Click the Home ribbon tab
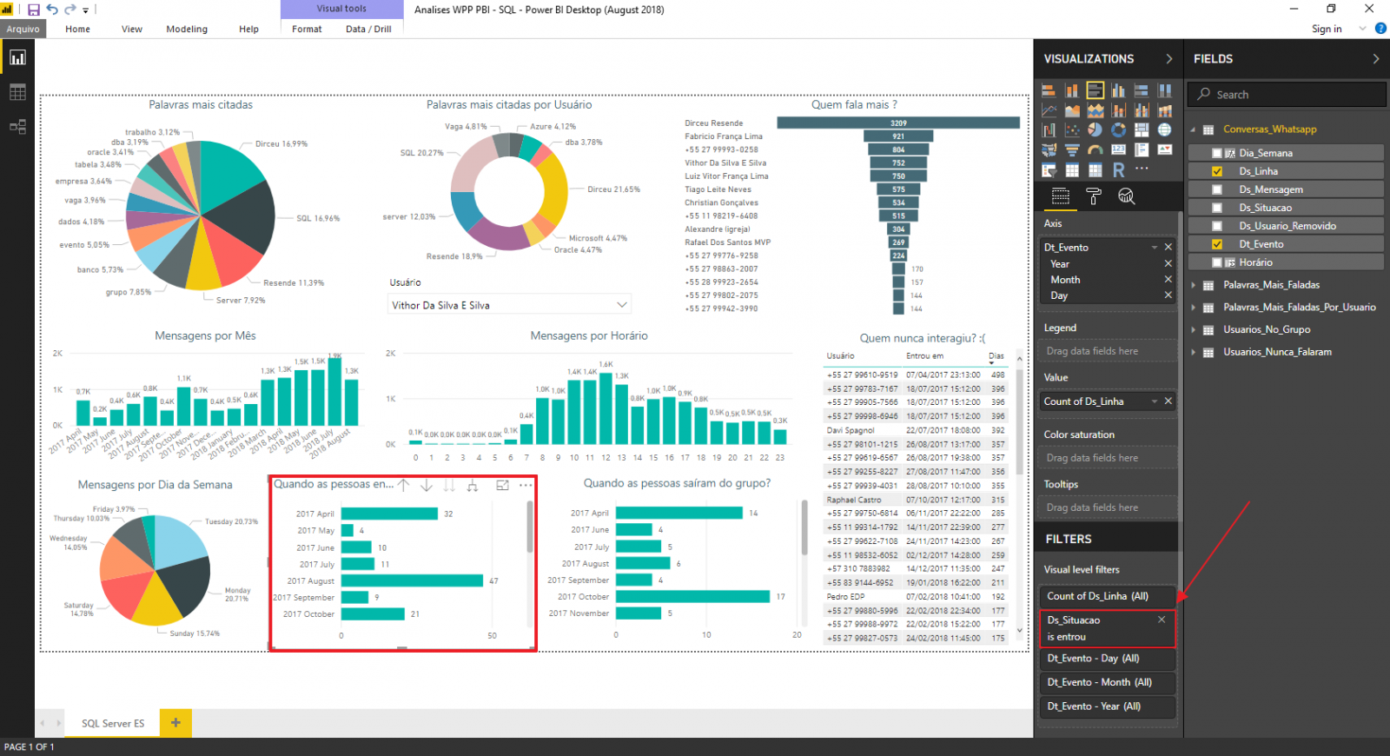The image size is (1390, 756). [77, 29]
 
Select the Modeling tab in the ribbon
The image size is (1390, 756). [187, 29]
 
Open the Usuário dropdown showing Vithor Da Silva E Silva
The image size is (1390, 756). [508, 305]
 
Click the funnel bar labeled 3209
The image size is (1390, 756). [897, 123]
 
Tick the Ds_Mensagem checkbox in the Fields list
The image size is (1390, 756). [1217, 189]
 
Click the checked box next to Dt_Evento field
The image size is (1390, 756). [1217, 244]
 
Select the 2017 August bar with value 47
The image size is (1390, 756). [411, 580]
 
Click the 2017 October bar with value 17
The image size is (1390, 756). [692, 596]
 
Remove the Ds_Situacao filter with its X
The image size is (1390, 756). [1162, 620]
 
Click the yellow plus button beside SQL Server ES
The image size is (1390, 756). [175, 722]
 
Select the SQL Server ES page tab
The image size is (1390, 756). [113, 723]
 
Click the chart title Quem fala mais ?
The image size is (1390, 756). [854, 104]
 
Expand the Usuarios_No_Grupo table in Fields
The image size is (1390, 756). [1193, 329]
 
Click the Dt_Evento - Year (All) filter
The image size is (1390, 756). [1094, 706]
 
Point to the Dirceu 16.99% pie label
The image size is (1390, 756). [281, 144]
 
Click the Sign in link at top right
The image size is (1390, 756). [1326, 29]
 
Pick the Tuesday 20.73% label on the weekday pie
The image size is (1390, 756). [231, 521]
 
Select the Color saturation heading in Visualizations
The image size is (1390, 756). [1079, 434]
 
